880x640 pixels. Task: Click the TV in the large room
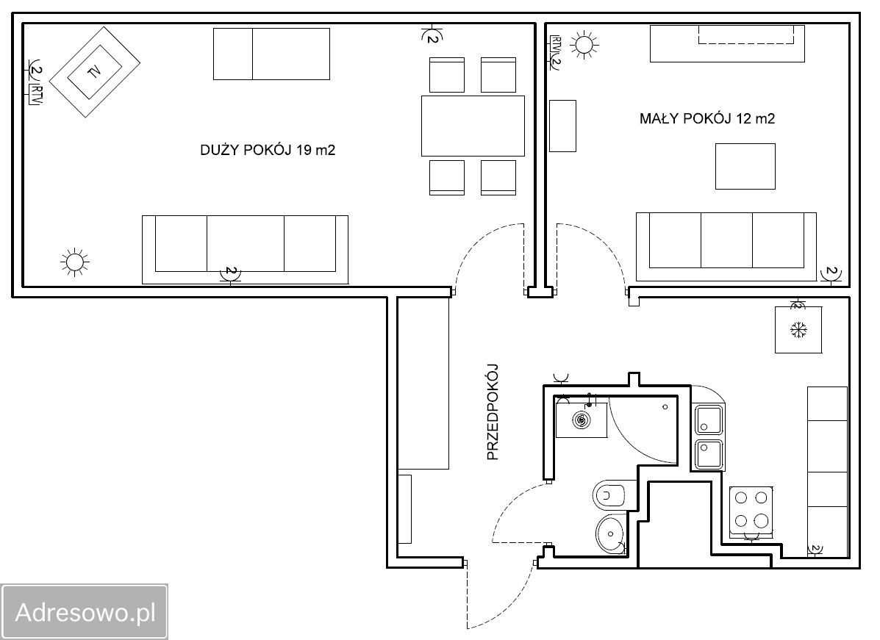click(94, 72)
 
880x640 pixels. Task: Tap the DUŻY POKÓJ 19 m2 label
click(268, 150)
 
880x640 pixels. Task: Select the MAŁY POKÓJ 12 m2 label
click(707, 118)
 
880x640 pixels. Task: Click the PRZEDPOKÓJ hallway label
click(492, 412)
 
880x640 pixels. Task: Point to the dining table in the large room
click(473, 126)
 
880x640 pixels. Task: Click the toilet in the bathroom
click(609, 495)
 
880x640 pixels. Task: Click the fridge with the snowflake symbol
click(798, 329)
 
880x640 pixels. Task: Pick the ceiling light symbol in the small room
click(584, 44)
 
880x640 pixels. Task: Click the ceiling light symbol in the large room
click(75, 262)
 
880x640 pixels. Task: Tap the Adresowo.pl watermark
click(85, 612)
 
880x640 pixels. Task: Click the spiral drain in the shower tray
click(582, 420)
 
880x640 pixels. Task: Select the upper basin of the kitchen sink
click(709, 421)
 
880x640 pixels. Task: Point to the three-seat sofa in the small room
click(726, 247)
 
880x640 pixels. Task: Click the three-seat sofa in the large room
click(245, 250)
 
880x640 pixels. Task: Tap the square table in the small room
click(745, 166)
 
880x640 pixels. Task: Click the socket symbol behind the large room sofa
click(230, 274)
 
